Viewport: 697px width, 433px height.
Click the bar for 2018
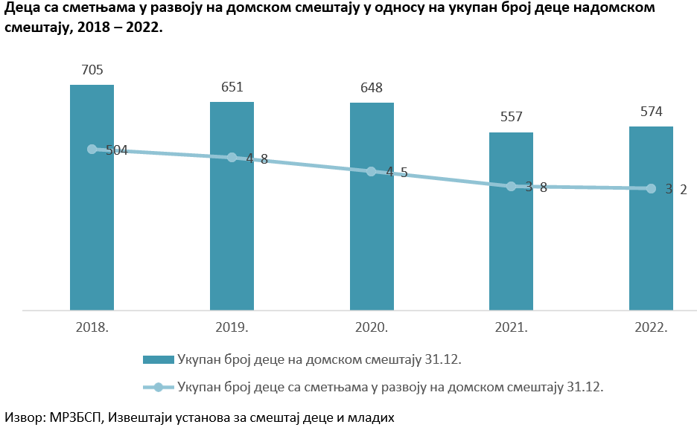[x=92, y=223]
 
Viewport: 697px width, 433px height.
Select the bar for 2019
[x=232, y=231]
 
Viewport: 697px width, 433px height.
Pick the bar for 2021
[x=511, y=246]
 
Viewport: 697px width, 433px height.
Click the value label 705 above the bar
[x=92, y=71]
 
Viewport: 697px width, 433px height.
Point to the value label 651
[x=232, y=87]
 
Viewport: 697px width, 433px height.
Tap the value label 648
[x=372, y=88]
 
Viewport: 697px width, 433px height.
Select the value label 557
[x=511, y=117]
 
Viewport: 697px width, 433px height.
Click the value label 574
[x=651, y=112]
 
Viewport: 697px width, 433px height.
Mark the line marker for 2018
[x=92, y=149]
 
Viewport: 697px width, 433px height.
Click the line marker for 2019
[x=232, y=158]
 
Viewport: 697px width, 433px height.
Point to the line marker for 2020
[x=372, y=172]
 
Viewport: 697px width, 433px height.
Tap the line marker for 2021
[x=511, y=186]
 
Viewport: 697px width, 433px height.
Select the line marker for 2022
[x=651, y=189]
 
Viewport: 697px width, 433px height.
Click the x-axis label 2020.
[x=372, y=327]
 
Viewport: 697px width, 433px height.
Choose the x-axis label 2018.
[x=92, y=327]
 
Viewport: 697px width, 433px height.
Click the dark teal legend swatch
[x=158, y=360]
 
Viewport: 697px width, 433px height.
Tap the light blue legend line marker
[x=158, y=387]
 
